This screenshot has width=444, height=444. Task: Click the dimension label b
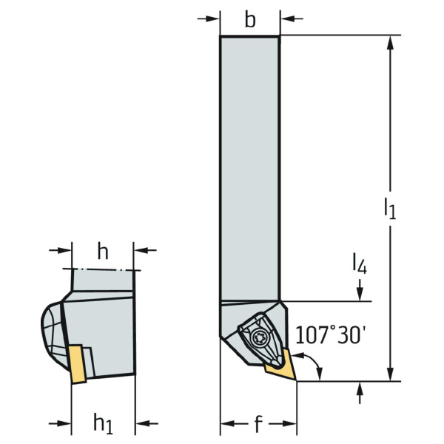click(250, 20)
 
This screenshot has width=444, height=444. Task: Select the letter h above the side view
click(103, 252)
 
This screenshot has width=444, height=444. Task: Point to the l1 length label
click(389, 209)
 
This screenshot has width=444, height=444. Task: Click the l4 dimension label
click(358, 263)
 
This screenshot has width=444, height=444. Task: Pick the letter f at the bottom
click(258, 425)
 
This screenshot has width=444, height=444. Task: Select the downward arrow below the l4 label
click(360, 295)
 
